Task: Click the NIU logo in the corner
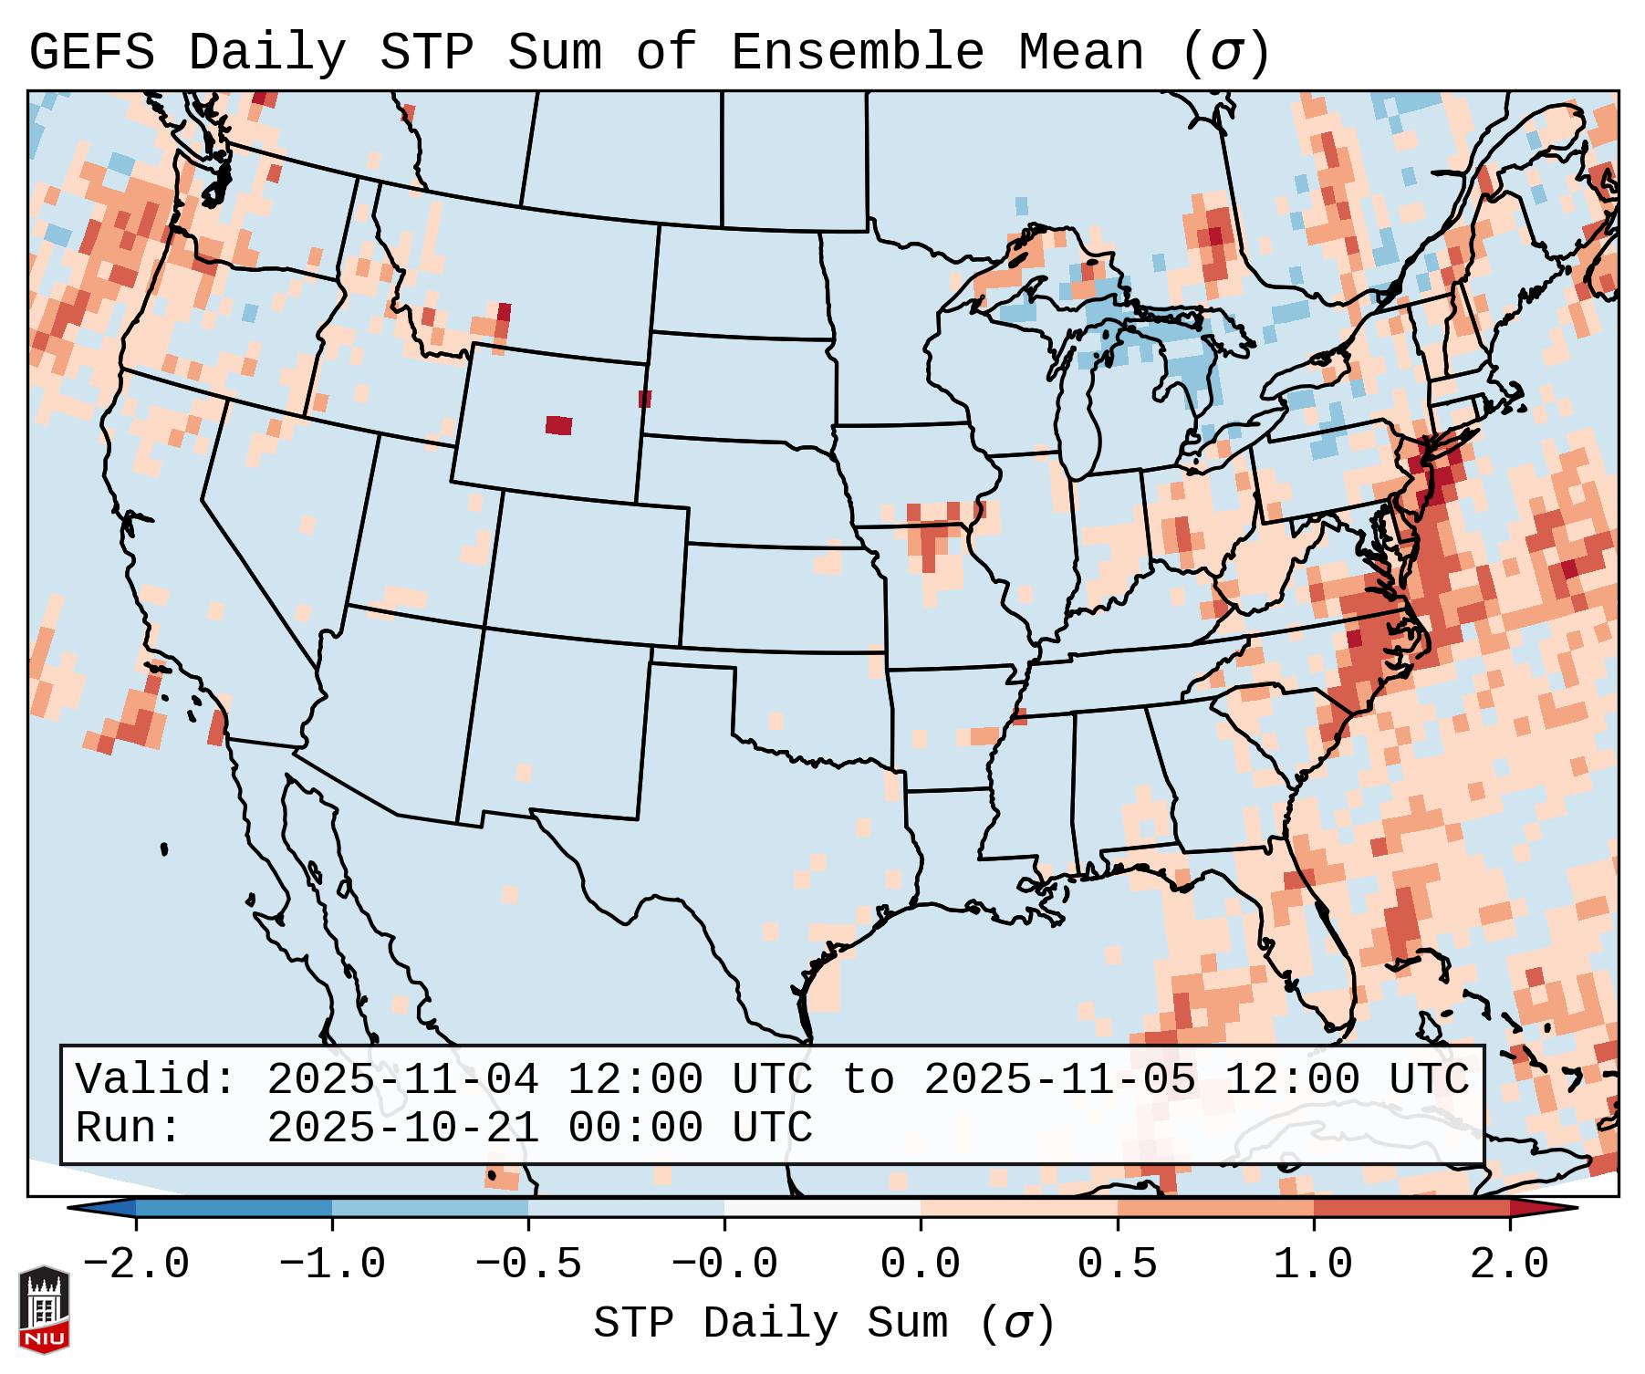point(44,1309)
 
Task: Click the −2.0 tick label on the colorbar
point(136,1265)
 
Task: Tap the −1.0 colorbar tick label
point(332,1265)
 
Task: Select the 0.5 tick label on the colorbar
point(1117,1265)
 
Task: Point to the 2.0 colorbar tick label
point(1509,1265)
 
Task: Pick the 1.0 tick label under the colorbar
point(1313,1265)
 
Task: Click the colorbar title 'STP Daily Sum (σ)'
point(824,1324)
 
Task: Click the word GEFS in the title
point(91,53)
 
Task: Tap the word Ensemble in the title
point(857,53)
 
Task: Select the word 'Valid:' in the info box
point(155,1080)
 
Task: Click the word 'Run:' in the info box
point(128,1128)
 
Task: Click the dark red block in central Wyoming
point(558,425)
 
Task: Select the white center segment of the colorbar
point(822,1208)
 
